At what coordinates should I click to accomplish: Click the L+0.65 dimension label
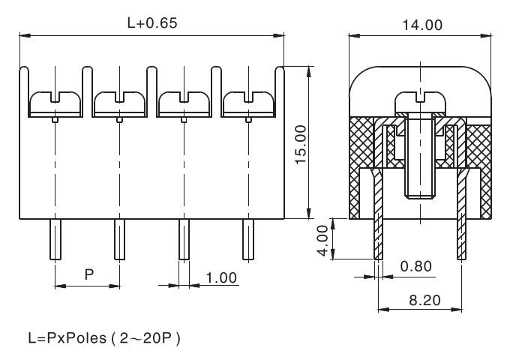(152, 23)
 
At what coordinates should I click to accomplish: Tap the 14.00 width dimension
(422, 25)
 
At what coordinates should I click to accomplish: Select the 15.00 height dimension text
(301, 143)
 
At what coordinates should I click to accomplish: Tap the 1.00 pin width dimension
(221, 277)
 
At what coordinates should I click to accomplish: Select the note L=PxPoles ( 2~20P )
(104, 338)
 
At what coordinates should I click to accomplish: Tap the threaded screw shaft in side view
(421, 169)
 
